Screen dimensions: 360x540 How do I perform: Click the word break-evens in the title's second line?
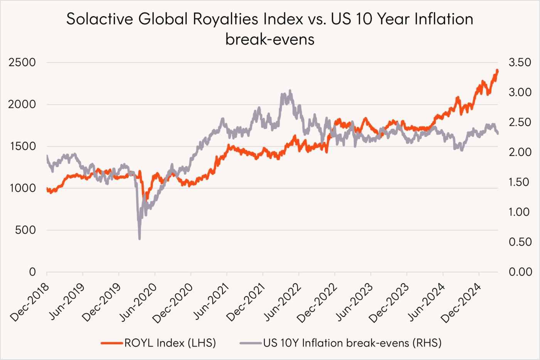(x=270, y=39)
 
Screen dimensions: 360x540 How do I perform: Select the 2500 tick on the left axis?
(x=22, y=62)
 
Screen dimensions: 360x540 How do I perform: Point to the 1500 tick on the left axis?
(x=22, y=146)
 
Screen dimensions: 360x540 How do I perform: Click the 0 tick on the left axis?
(x=32, y=272)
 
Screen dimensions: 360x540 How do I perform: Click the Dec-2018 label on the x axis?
(x=30, y=302)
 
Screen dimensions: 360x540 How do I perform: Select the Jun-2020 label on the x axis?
(x=138, y=302)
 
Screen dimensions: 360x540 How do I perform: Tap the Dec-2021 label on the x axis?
(x=246, y=302)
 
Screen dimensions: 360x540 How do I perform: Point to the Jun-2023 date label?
(x=354, y=302)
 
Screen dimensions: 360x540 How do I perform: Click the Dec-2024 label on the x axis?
(x=462, y=302)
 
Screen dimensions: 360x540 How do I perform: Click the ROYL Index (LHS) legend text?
(x=170, y=343)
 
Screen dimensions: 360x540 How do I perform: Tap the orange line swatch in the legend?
(x=112, y=343)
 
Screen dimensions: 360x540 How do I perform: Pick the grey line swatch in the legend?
(x=251, y=343)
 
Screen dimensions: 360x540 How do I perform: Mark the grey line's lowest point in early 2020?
(x=139, y=239)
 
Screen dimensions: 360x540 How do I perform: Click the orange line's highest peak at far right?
(x=497, y=71)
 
